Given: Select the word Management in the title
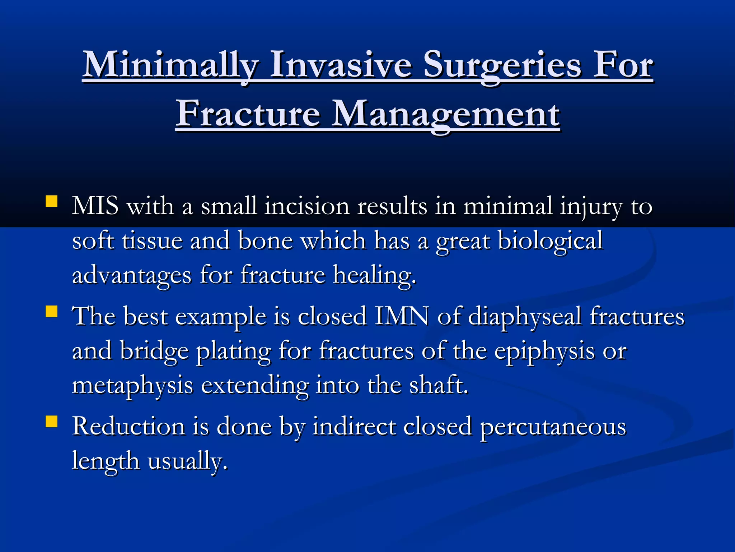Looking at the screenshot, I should (x=445, y=114).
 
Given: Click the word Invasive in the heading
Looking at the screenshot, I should (x=340, y=65).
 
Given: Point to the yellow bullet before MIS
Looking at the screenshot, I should (x=52, y=201).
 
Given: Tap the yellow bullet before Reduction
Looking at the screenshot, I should (x=52, y=421).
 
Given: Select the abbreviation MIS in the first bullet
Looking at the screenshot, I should (x=95, y=206).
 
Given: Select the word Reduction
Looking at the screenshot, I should (x=128, y=426).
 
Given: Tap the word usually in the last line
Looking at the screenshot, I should (x=187, y=461).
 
